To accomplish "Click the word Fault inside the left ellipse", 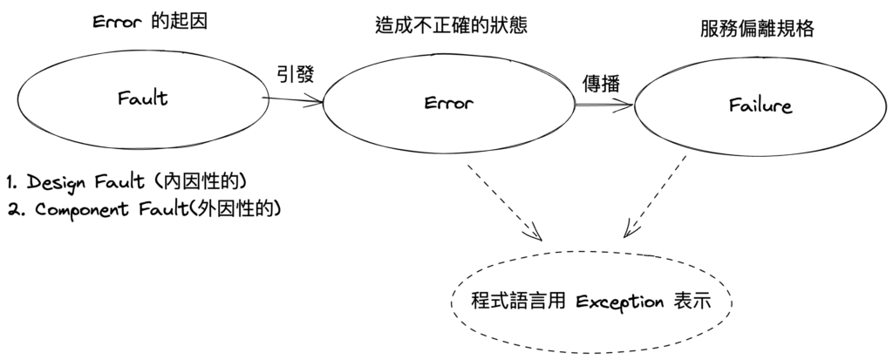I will point(142,98).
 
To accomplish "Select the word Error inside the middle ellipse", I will point(448,104).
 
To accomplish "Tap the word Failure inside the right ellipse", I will point(760,106).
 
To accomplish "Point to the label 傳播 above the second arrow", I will point(601,85).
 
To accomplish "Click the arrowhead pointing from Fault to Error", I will point(318,103).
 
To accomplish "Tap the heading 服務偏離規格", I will point(757,28).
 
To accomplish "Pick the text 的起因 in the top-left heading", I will point(180,22).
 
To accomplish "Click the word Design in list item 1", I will point(58,183).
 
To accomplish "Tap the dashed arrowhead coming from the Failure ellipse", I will point(629,234).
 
